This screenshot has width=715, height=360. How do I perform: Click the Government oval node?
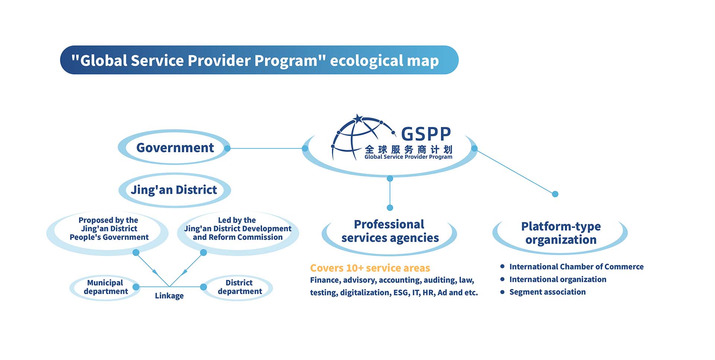[x=174, y=147]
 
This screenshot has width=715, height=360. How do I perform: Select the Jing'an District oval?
[x=174, y=190]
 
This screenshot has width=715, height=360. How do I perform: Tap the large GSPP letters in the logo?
[x=426, y=134]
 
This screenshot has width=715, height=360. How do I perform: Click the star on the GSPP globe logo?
[x=358, y=119]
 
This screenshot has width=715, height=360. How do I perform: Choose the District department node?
[x=239, y=287]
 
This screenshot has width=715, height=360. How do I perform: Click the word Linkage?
[x=169, y=296]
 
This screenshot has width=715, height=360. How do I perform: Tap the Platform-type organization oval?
[x=560, y=233]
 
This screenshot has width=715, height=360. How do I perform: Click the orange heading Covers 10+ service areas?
[x=370, y=268]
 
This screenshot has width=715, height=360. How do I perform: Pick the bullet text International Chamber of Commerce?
[x=576, y=267]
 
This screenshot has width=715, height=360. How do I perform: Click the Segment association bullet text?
[x=547, y=292]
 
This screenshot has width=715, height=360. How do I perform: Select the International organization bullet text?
[x=557, y=279]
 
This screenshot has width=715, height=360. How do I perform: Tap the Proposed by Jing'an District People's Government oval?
[x=108, y=233]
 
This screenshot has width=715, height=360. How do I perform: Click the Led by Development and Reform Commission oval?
[x=238, y=233]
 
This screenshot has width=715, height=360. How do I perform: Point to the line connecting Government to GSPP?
[x=266, y=148]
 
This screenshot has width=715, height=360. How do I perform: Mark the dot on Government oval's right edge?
[x=228, y=148]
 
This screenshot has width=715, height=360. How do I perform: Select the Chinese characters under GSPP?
[x=409, y=149]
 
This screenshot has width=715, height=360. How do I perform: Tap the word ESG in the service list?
[x=401, y=293]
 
